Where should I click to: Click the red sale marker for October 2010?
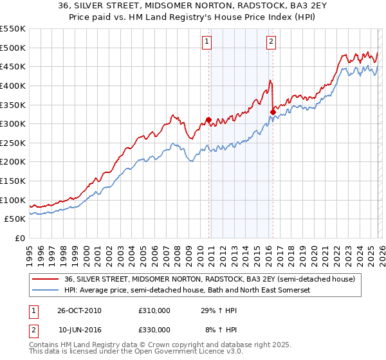(x=209, y=120)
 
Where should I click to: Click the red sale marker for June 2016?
(x=273, y=112)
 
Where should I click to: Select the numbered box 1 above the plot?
(x=207, y=42)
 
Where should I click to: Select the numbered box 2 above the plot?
(x=271, y=42)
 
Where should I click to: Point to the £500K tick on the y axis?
(x=13, y=48)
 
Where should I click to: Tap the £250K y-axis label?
(x=13, y=143)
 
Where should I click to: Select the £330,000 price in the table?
(x=154, y=330)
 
